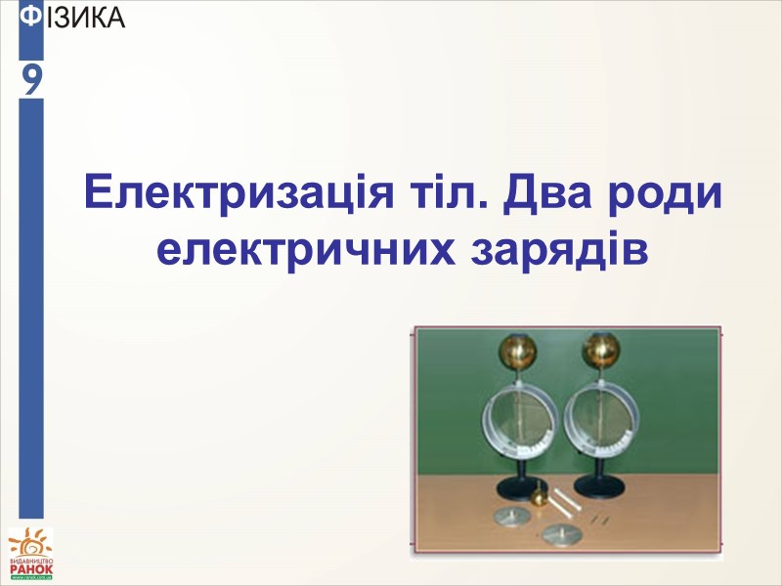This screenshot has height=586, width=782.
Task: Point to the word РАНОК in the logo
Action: (x=32, y=568)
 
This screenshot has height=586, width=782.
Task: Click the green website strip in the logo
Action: (x=32, y=578)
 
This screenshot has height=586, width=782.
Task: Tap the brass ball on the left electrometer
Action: (x=514, y=349)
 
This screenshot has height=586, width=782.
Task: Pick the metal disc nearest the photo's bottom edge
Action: (x=561, y=532)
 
